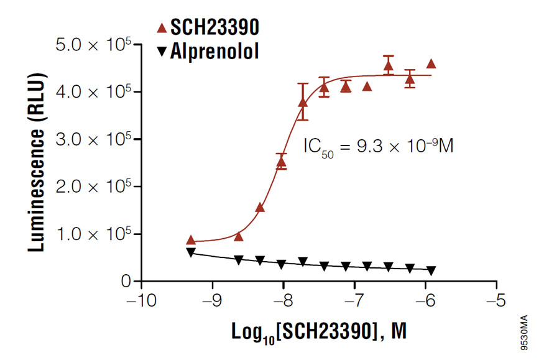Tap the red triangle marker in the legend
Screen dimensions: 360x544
coord(162,27)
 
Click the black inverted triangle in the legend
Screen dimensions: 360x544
coord(162,52)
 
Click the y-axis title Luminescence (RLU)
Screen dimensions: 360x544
coord(37,163)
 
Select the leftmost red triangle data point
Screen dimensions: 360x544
coord(191,240)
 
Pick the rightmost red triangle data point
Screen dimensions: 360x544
coord(431,63)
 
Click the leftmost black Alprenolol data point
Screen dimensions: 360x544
coord(191,252)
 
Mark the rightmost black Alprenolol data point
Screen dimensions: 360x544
coord(431,270)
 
